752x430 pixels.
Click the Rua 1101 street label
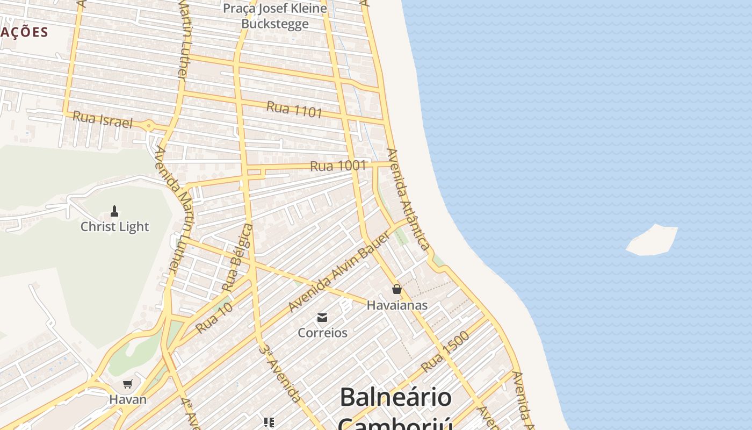click(x=294, y=109)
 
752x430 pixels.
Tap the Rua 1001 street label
click(x=338, y=166)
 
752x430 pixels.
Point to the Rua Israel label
click(x=102, y=119)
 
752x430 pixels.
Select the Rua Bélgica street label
click(x=237, y=258)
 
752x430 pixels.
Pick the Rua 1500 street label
click(x=445, y=352)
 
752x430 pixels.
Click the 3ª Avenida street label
click(x=279, y=373)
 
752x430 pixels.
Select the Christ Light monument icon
click(x=114, y=211)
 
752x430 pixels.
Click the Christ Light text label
click(x=114, y=227)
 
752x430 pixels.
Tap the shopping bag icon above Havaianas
click(x=397, y=289)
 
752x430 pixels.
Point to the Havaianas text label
click(x=397, y=305)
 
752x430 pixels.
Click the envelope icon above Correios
click(x=322, y=318)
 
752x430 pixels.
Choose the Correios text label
click(x=322, y=333)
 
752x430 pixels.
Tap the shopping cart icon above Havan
click(x=128, y=384)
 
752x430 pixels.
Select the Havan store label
click(x=128, y=399)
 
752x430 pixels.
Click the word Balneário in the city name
click(x=395, y=398)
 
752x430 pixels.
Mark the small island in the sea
click(x=652, y=240)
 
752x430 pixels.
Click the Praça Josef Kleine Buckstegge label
click(x=275, y=16)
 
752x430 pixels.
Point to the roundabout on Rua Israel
click(x=149, y=126)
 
